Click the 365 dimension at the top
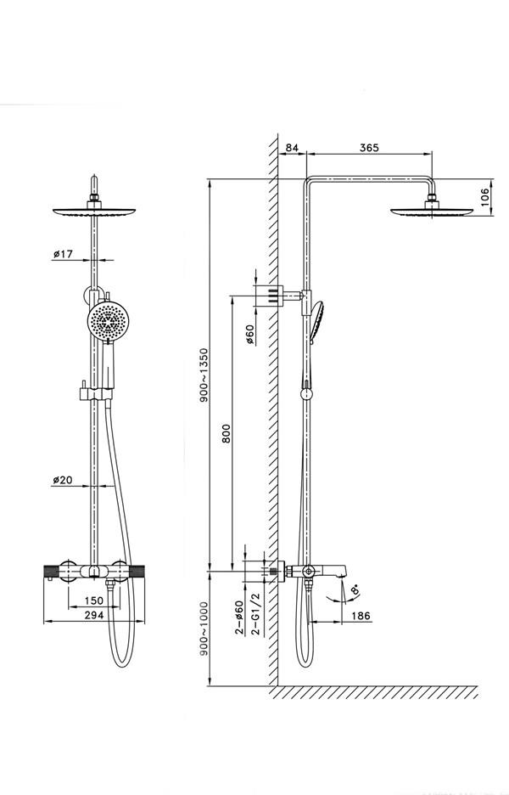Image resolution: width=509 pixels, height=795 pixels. tap(368, 148)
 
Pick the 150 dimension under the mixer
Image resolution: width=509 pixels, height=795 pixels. tap(94, 601)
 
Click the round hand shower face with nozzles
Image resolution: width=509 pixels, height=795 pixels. tap(109, 322)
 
